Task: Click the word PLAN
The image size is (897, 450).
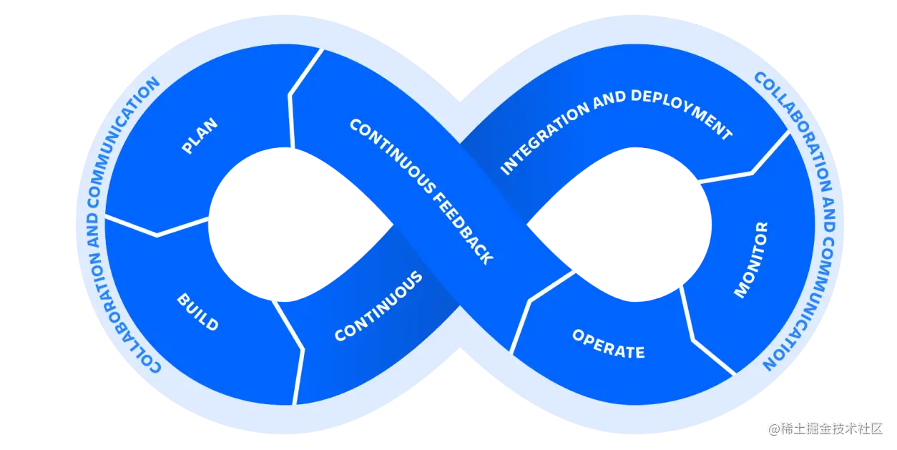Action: (x=200, y=136)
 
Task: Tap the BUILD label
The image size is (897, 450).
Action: (x=197, y=312)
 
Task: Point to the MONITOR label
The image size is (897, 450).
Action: (x=751, y=260)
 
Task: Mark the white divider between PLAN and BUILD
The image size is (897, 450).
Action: (x=157, y=228)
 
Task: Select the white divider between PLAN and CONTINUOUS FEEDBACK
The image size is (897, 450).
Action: (x=293, y=100)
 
